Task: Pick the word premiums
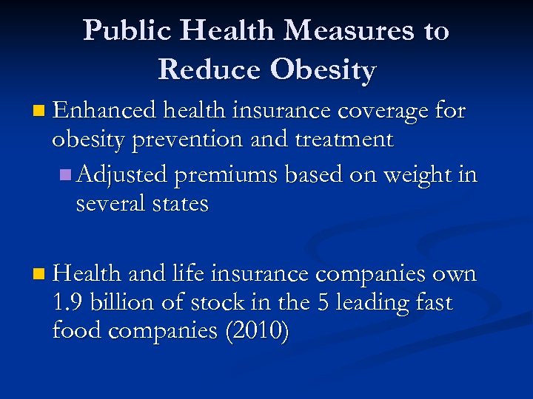(231, 176)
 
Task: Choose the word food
(77, 330)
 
